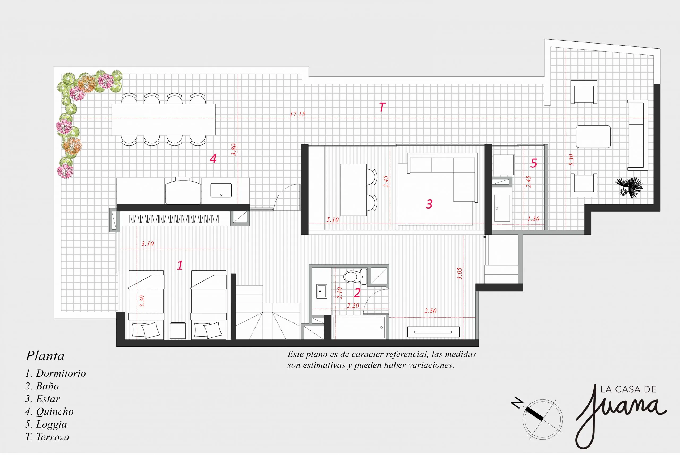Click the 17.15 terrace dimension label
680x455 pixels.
297,114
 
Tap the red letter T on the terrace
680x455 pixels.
382,107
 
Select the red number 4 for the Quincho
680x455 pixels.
213,158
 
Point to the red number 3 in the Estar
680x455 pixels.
429,204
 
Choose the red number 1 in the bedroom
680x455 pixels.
180,265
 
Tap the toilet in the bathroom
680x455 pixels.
355,277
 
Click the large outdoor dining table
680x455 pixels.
164,119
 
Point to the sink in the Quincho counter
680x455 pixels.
221,190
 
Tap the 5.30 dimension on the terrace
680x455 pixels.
571,160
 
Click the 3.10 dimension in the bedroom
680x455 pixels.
148,244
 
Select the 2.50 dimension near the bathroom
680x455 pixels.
430,311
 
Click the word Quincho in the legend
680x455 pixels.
54,411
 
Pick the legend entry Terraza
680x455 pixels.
53,437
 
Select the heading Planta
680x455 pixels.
45,356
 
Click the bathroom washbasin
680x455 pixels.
321,291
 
